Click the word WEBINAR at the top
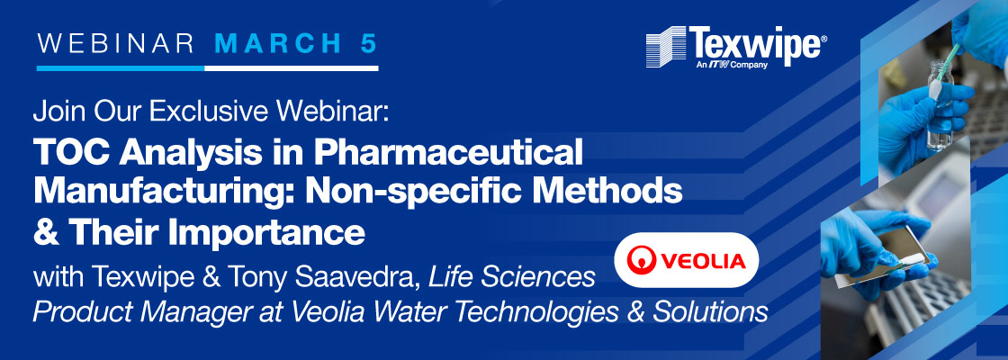pyautogui.click(x=116, y=43)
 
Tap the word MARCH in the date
pyautogui.click(x=278, y=43)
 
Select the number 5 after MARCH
pyautogui.click(x=368, y=43)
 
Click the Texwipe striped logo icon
pyautogui.click(x=666, y=46)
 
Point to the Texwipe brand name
pyautogui.click(x=754, y=43)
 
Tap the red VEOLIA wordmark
pyautogui.click(x=702, y=261)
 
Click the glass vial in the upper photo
pyautogui.click(x=940, y=107)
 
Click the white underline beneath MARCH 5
pyautogui.click(x=292, y=67)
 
